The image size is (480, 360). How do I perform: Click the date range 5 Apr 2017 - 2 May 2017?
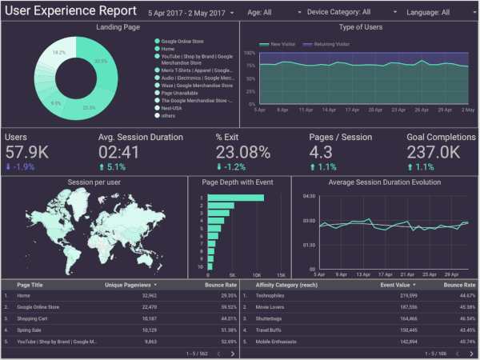pyautogui.click(x=186, y=13)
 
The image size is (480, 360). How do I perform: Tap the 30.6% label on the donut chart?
pyautogui.click(x=101, y=61)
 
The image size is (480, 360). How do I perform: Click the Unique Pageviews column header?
pyautogui.click(x=129, y=284)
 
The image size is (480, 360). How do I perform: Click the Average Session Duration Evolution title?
pyautogui.click(x=384, y=182)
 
